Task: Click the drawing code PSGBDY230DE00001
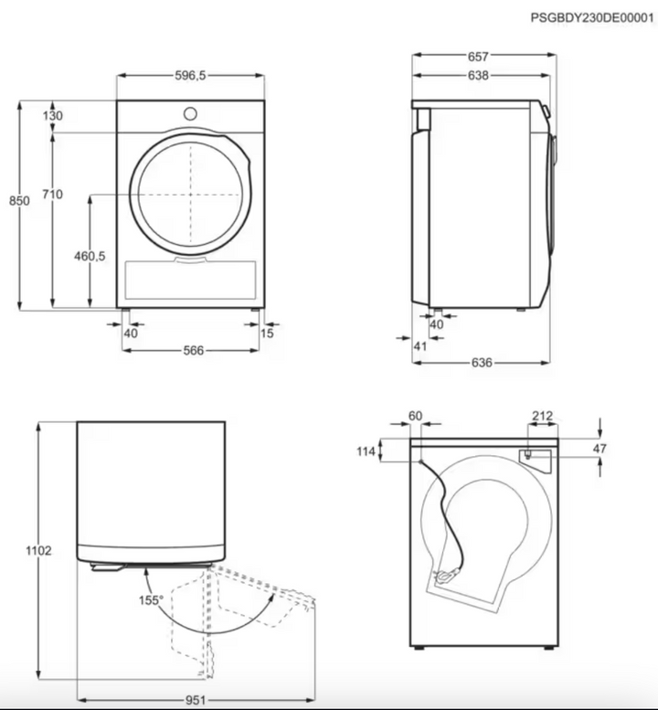pyautogui.click(x=592, y=17)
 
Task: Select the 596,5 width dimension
pyautogui.click(x=190, y=76)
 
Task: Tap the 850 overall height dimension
pyautogui.click(x=19, y=201)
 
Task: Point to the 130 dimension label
pyautogui.click(x=52, y=116)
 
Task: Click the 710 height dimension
pyautogui.click(x=52, y=195)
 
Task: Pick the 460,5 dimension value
pyautogui.click(x=90, y=256)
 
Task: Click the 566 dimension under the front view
pyautogui.click(x=194, y=350)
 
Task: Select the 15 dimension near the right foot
pyautogui.click(x=267, y=334)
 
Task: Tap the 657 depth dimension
pyautogui.click(x=478, y=56)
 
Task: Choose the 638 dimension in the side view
pyautogui.click(x=478, y=76)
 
